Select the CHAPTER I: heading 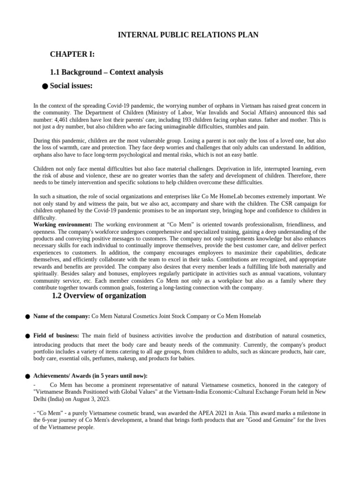73,55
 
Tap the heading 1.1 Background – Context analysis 106,72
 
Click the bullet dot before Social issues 45,86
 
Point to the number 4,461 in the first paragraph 63,120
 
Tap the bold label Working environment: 63,225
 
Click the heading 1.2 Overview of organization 99,296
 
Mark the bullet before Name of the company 28,317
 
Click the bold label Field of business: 56,336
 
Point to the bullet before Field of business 28,337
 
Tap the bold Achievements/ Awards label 90,376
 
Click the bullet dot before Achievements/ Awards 28,376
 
